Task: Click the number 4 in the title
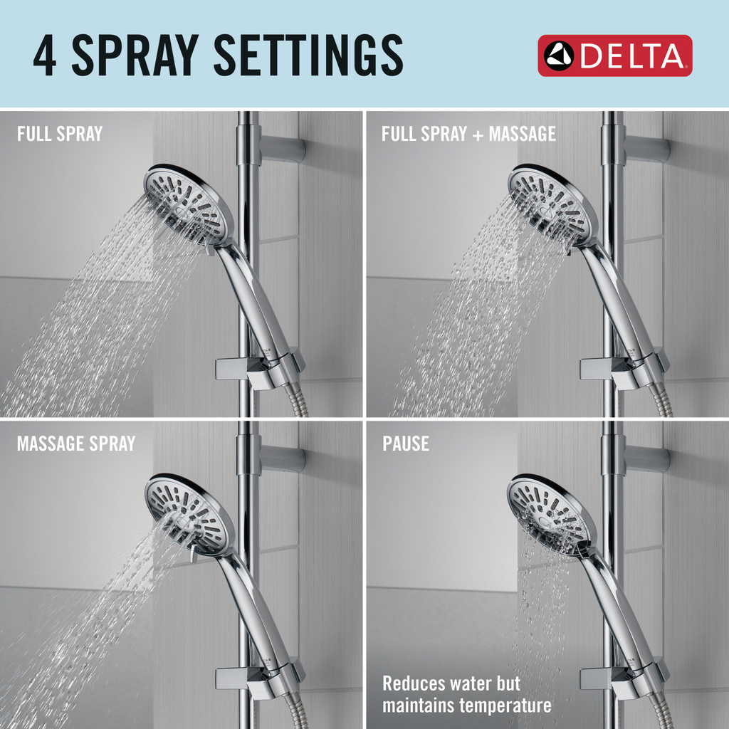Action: click(46, 56)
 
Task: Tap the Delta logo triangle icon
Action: click(559, 56)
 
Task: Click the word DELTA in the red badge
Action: click(632, 56)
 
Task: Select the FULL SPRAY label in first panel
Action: click(60, 134)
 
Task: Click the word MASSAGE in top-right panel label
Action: click(519, 134)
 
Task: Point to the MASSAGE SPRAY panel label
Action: click(76, 444)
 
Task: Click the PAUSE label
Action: click(406, 444)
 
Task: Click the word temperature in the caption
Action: click(505, 706)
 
